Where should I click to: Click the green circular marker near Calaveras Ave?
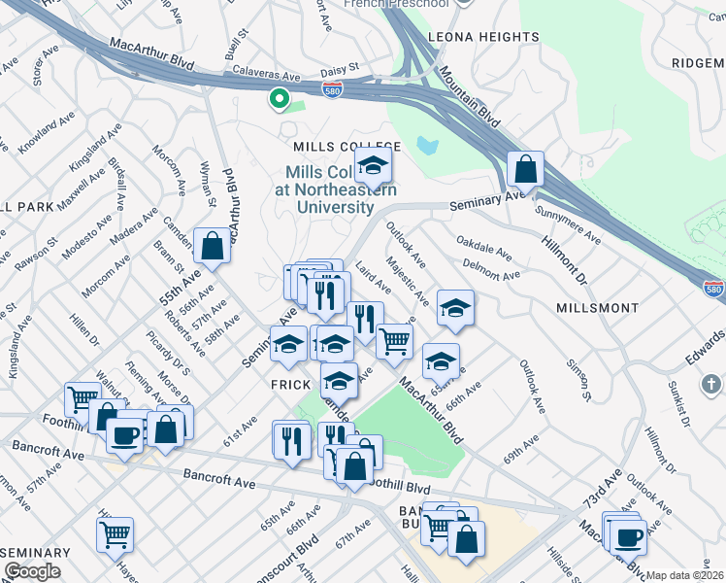coord(279,98)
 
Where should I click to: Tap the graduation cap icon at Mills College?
coord(372,167)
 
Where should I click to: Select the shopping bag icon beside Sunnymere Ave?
coord(525,169)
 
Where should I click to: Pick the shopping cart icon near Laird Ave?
coord(394,341)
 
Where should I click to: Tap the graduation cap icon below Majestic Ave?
coord(455,308)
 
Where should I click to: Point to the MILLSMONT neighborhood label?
coord(598,307)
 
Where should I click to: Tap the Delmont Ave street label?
coord(492,268)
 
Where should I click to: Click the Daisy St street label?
coord(341,69)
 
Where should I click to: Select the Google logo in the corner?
coord(32,571)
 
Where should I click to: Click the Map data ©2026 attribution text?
coord(684,575)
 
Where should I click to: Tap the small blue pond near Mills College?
coord(427,146)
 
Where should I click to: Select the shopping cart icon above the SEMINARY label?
coord(115,533)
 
